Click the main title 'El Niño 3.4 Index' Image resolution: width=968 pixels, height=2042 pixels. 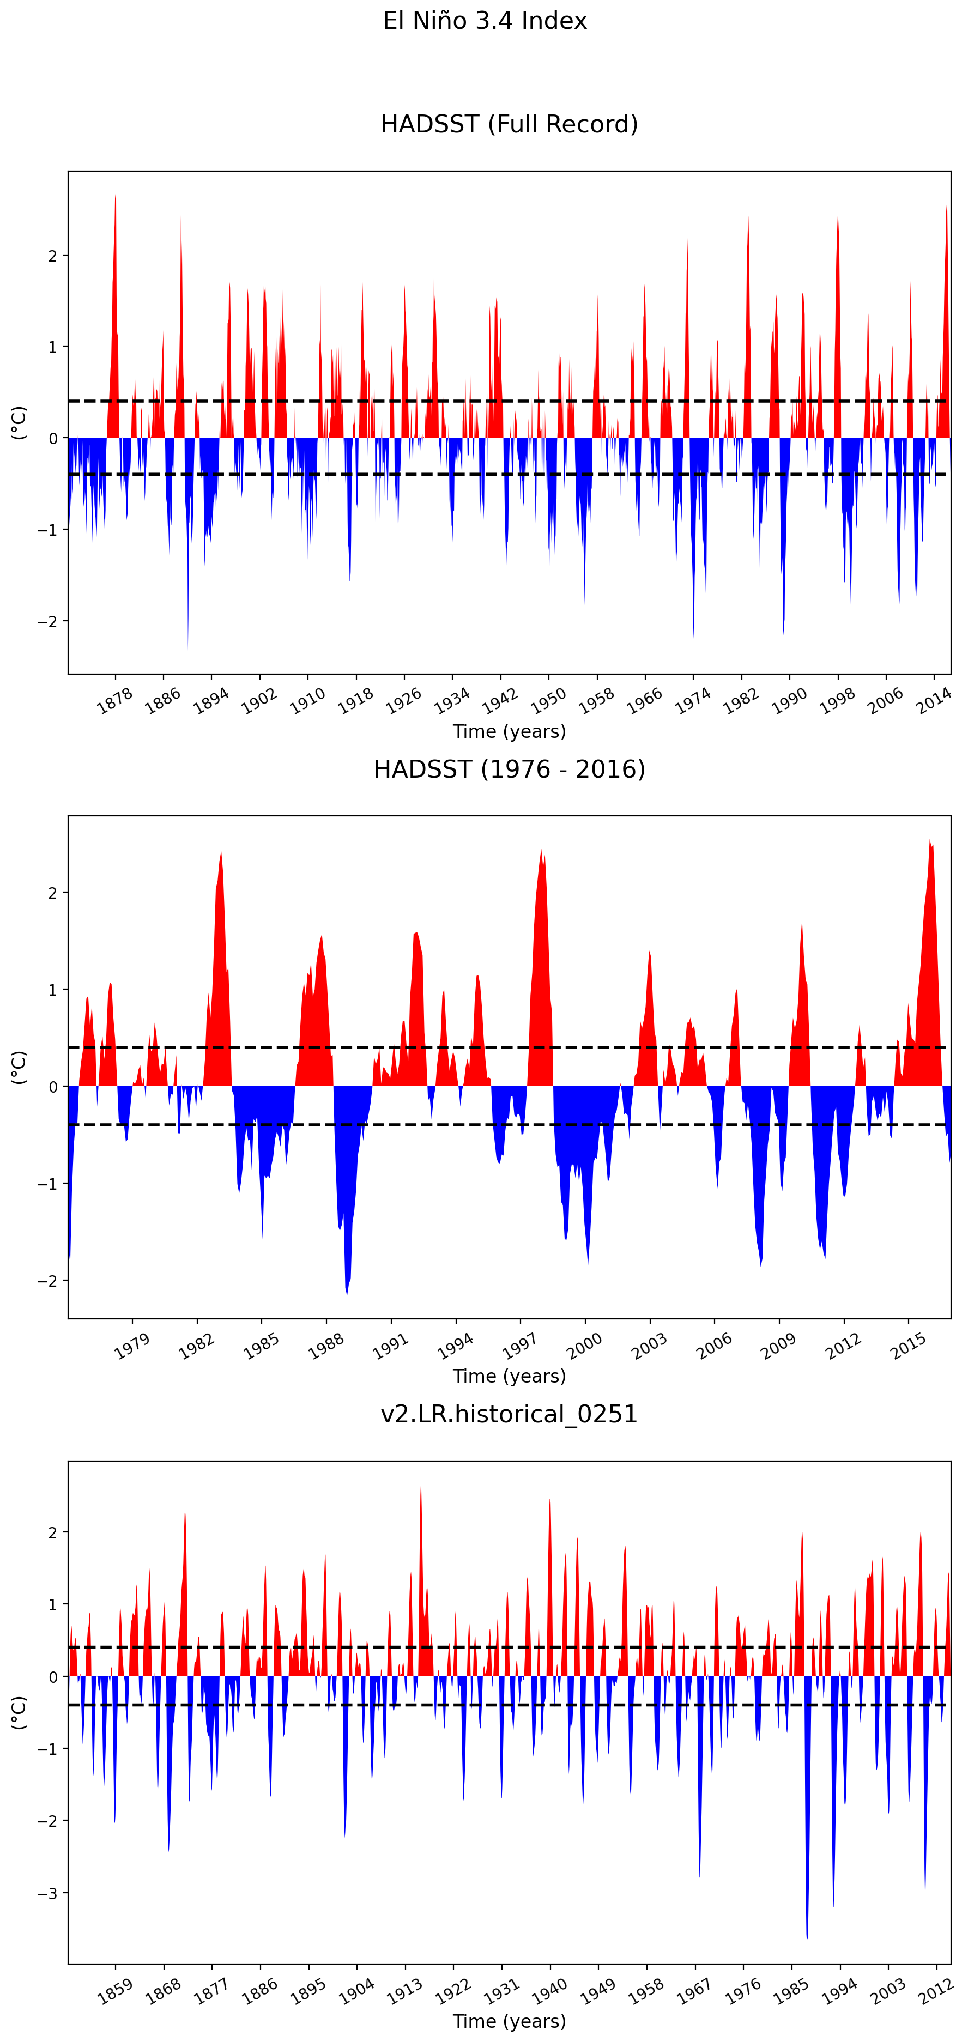(485, 21)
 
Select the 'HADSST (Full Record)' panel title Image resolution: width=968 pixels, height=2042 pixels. (509, 124)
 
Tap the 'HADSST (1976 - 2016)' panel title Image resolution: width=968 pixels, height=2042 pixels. (509, 769)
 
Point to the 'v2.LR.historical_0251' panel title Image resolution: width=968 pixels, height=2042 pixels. (509, 1414)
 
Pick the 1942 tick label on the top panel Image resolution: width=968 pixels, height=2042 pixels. (500, 701)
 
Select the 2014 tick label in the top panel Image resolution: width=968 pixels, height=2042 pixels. (934, 701)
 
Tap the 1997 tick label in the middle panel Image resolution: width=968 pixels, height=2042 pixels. (520, 1346)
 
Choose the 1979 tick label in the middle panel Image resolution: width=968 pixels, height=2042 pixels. (131, 1346)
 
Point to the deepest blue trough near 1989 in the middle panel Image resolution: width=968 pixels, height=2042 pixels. (347, 1294)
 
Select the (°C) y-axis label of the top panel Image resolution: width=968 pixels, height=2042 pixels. (18, 422)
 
